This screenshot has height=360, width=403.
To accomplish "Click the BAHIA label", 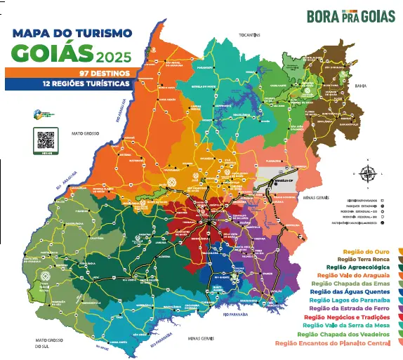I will (362, 86).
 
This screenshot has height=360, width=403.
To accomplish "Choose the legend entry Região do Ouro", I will (368, 251).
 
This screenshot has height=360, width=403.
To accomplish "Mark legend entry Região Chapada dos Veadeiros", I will (345, 334).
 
